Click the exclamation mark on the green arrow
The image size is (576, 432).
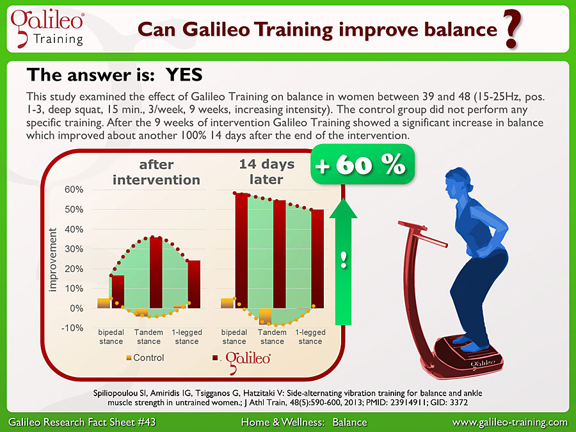pyautogui.click(x=343, y=260)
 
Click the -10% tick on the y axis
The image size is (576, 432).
pyautogui.click(x=74, y=328)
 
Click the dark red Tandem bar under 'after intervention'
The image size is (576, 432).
pyautogui.click(x=156, y=272)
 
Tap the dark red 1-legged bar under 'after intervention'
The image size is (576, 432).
pyautogui.click(x=194, y=284)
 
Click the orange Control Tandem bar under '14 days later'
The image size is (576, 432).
pyautogui.click(x=266, y=316)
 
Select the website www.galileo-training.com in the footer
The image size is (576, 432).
pyautogui.click(x=510, y=422)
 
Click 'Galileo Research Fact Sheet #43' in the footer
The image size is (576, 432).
pyautogui.click(x=82, y=422)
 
